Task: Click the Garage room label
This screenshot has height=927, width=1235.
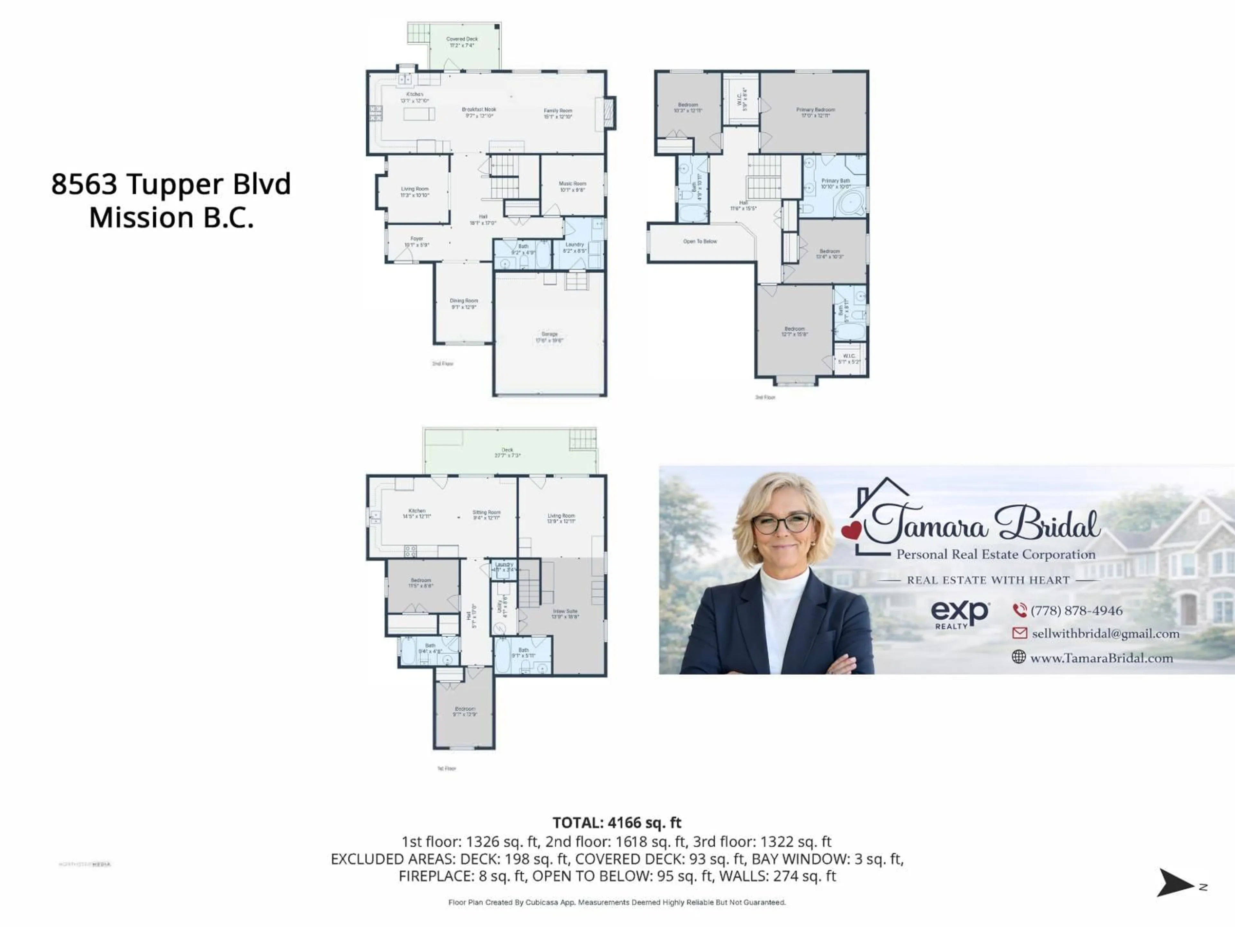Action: [x=549, y=337]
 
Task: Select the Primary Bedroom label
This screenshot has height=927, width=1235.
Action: [x=815, y=112]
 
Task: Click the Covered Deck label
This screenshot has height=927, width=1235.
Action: [x=462, y=42]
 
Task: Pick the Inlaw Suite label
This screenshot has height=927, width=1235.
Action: [x=565, y=613]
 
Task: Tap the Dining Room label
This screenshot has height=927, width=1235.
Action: [x=463, y=304]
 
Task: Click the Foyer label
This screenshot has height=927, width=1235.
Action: [x=416, y=241]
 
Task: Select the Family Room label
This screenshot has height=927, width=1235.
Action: [x=558, y=113]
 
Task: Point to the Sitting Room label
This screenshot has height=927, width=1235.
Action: [x=486, y=515]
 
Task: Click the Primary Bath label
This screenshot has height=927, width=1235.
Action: [x=835, y=183]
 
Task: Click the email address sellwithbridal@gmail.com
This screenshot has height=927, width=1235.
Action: [x=1105, y=634]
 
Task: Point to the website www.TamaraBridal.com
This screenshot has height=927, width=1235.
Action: [x=1101, y=658]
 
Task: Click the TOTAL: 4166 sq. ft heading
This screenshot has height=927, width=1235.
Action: [x=617, y=822]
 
